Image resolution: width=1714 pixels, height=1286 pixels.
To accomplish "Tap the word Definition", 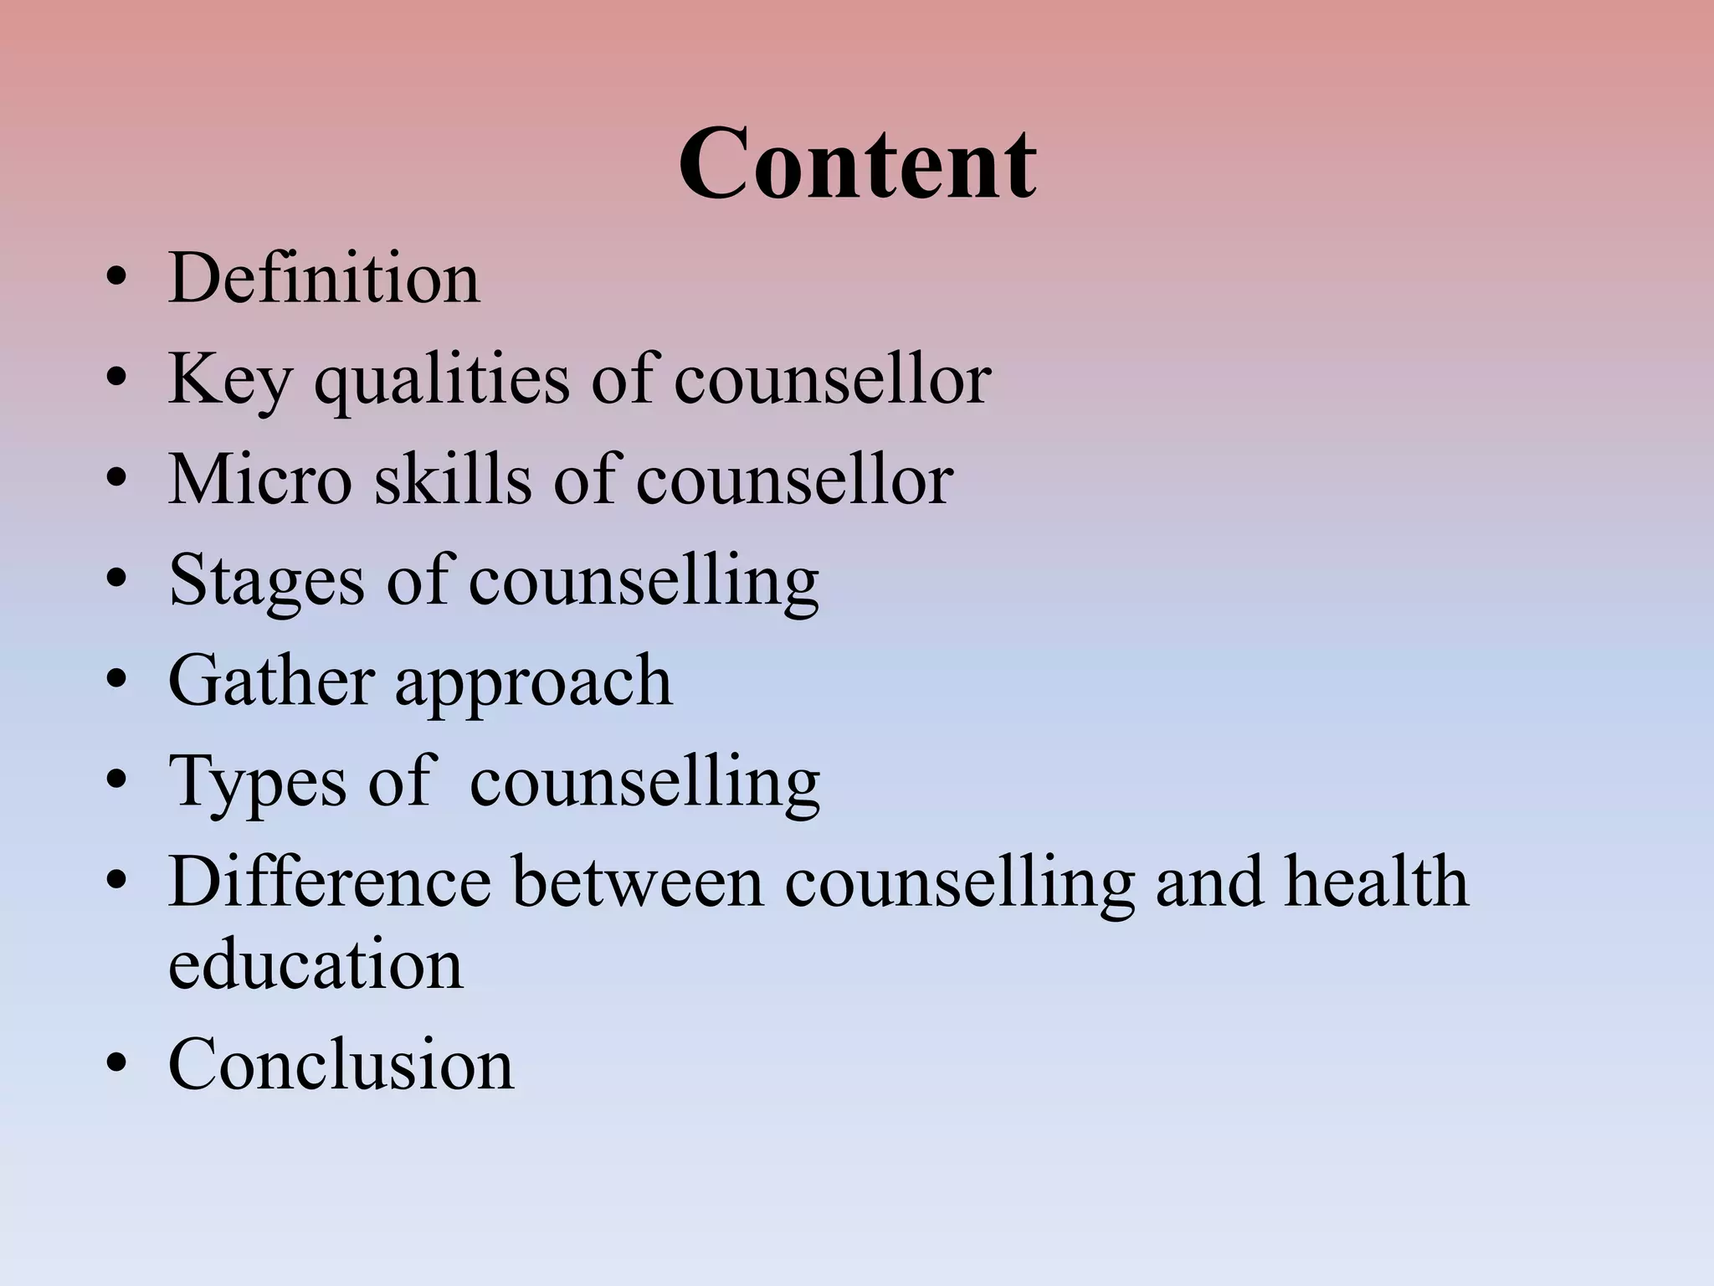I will point(324,278).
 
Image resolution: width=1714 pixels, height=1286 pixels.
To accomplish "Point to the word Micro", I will point(260,480).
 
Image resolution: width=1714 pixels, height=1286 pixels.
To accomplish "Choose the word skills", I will point(452,480).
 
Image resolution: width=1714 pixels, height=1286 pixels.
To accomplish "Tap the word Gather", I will point(270,681).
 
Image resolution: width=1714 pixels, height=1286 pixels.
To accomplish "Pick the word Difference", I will point(330,882).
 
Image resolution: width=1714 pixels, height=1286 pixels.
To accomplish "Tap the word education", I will point(316,964).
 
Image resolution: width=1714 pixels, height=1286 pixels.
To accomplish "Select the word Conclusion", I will point(341,1065).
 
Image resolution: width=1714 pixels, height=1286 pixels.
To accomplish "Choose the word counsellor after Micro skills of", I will point(794,480).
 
